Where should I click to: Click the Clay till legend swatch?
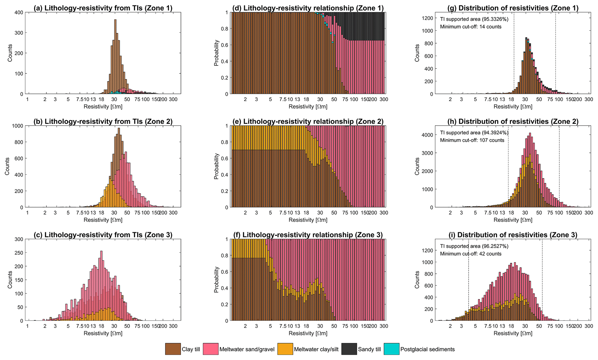[173, 349]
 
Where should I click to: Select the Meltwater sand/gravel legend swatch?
[211, 349]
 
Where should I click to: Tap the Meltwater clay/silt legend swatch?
[285, 349]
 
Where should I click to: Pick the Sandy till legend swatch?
[349, 349]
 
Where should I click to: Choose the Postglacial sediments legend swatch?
[391, 349]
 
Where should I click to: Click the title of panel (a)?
[103, 8]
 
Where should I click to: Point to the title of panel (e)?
[308, 122]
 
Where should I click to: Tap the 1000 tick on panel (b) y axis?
[18, 126]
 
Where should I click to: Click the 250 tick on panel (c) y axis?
[19, 253]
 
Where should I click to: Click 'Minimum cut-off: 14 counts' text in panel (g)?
[471, 27]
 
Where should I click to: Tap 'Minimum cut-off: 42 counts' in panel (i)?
[471, 254]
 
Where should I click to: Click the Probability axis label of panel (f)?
[216, 280]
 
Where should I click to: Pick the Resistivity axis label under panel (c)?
[103, 333]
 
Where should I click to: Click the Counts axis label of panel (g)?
[417, 53]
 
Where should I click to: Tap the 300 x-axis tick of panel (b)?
[173, 212]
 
